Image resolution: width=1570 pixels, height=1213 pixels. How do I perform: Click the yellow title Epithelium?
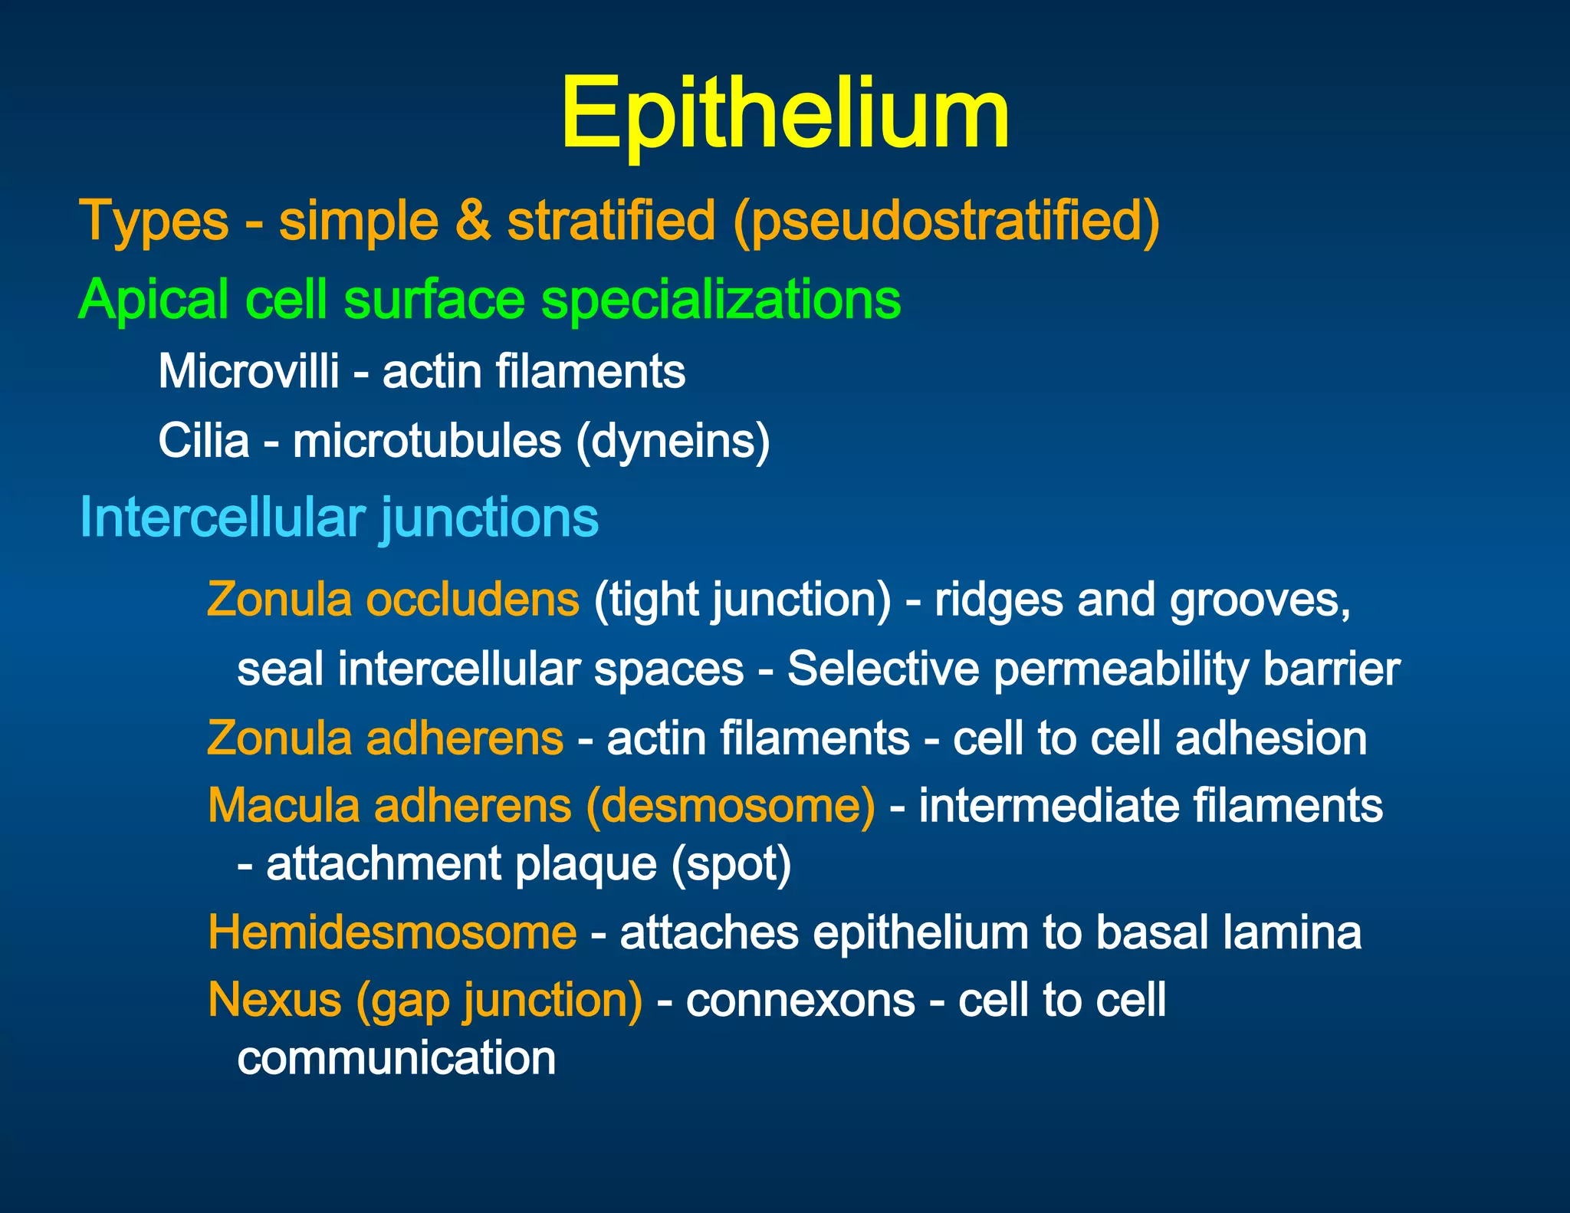784,115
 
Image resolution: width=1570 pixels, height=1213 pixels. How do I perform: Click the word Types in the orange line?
154,221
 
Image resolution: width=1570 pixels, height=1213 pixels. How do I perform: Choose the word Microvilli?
248,372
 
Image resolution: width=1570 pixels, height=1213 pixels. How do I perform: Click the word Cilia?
204,442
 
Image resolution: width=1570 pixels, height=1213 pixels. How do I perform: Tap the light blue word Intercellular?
222,518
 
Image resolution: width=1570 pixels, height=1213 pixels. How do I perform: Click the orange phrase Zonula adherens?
385,738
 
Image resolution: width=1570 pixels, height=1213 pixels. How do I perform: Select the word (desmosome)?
730,807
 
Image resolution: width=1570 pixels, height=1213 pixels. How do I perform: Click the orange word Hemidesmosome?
392,933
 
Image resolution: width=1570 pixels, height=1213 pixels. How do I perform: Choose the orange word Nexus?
274,1001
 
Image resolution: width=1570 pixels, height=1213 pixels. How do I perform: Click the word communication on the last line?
396,1058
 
